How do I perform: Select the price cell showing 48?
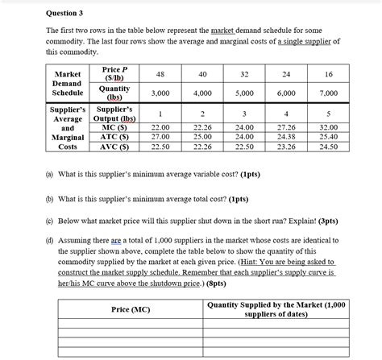(161, 74)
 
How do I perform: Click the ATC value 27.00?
(161, 137)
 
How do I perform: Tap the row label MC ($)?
(112, 127)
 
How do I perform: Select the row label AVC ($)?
(112, 147)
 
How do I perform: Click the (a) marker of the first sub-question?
(53, 174)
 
